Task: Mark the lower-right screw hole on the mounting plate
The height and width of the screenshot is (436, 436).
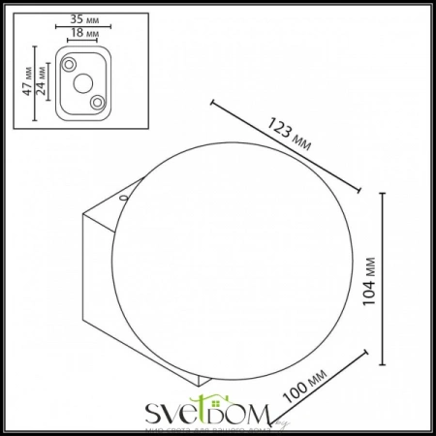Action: click(97, 102)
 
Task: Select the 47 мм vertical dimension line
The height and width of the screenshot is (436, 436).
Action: click(33, 83)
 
